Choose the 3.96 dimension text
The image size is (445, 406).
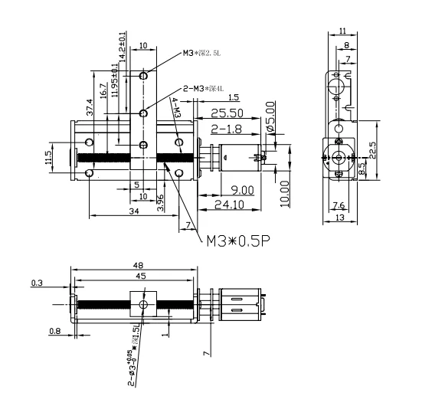[x=160, y=201]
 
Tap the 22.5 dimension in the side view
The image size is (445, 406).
[x=372, y=147]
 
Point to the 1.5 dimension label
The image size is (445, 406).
[x=233, y=97]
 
